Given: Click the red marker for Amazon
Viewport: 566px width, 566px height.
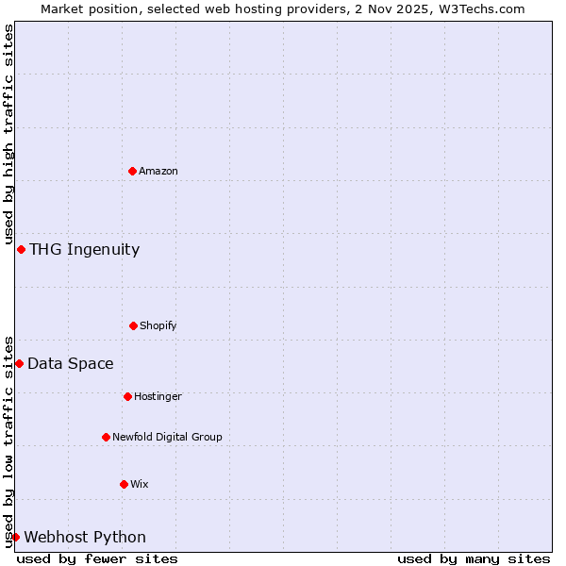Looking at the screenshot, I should [132, 171].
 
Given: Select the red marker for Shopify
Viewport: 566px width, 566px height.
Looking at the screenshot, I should [133, 325].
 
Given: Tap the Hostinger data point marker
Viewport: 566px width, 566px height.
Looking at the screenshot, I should [127, 396].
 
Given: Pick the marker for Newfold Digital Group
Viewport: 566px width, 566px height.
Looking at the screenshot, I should [106, 437].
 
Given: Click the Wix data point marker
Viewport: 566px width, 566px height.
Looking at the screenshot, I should [124, 484].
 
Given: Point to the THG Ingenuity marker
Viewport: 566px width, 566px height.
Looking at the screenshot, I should [21, 249].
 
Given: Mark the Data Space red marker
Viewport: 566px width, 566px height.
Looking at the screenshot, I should [19, 363].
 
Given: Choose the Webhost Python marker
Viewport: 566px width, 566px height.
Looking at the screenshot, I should [15, 537].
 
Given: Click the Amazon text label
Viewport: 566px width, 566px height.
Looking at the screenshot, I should [158, 171].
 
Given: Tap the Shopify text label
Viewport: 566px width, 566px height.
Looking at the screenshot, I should [158, 325].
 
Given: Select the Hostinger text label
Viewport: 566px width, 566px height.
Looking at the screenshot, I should [158, 396].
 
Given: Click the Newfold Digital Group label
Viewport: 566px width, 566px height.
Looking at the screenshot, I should [167, 437].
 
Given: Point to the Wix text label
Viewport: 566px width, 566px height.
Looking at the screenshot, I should [140, 484].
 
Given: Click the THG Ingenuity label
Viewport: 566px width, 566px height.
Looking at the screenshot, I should [84, 249].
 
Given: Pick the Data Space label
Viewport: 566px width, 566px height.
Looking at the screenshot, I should [70, 363].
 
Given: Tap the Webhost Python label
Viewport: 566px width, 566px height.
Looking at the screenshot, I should [85, 537].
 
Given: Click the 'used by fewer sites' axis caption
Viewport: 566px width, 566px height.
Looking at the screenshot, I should [97, 558].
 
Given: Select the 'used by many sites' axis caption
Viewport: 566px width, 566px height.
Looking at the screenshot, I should [474, 558].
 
